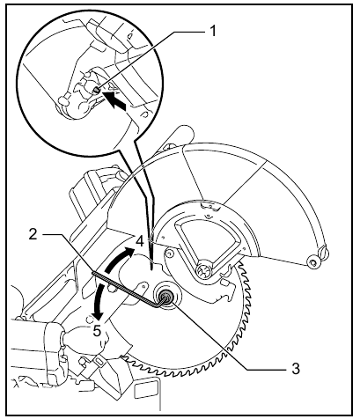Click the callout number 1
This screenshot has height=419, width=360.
[213, 30]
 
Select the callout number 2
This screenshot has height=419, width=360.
[33, 234]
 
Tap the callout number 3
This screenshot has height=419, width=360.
[296, 368]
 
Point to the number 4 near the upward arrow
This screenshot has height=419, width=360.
[140, 241]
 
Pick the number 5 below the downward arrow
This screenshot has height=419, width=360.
[98, 331]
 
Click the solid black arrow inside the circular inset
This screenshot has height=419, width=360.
[115, 100]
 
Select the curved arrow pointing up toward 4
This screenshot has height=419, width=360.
[119, 258]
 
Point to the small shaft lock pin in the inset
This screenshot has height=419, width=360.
[97, 91]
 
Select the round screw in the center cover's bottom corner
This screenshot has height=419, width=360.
[203, 268]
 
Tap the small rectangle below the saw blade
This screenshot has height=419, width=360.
[145, 390]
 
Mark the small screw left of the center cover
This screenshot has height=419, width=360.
[168, 253]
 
